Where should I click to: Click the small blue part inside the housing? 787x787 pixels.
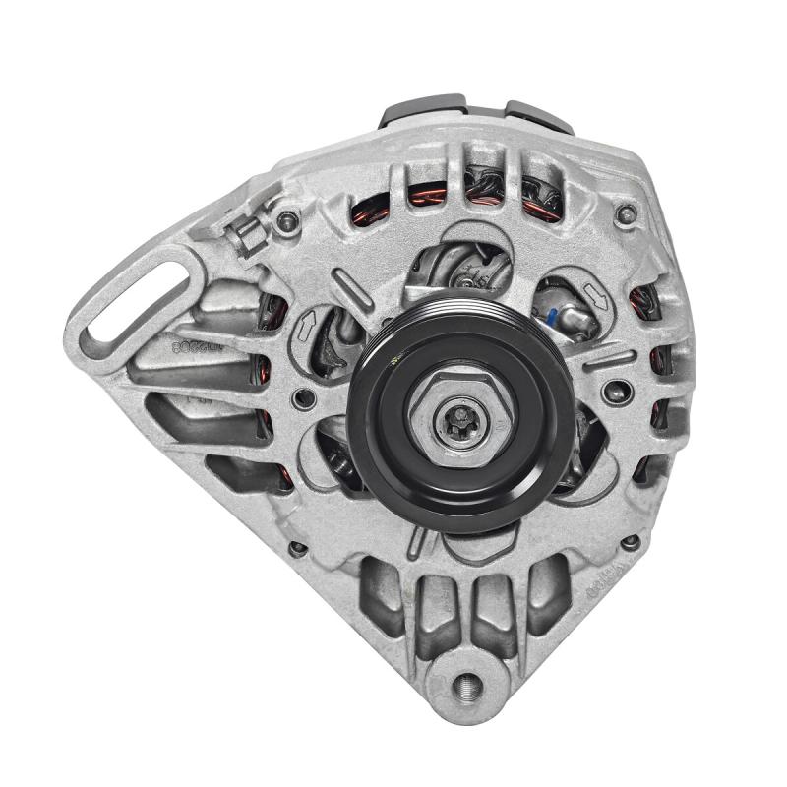coord(552,319)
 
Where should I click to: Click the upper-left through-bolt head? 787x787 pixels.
coord(287,220)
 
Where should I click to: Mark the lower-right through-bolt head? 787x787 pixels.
coord(631,541)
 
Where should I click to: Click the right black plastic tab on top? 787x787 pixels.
coord(539,113)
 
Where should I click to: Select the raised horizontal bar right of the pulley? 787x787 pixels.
coord(609,360)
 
